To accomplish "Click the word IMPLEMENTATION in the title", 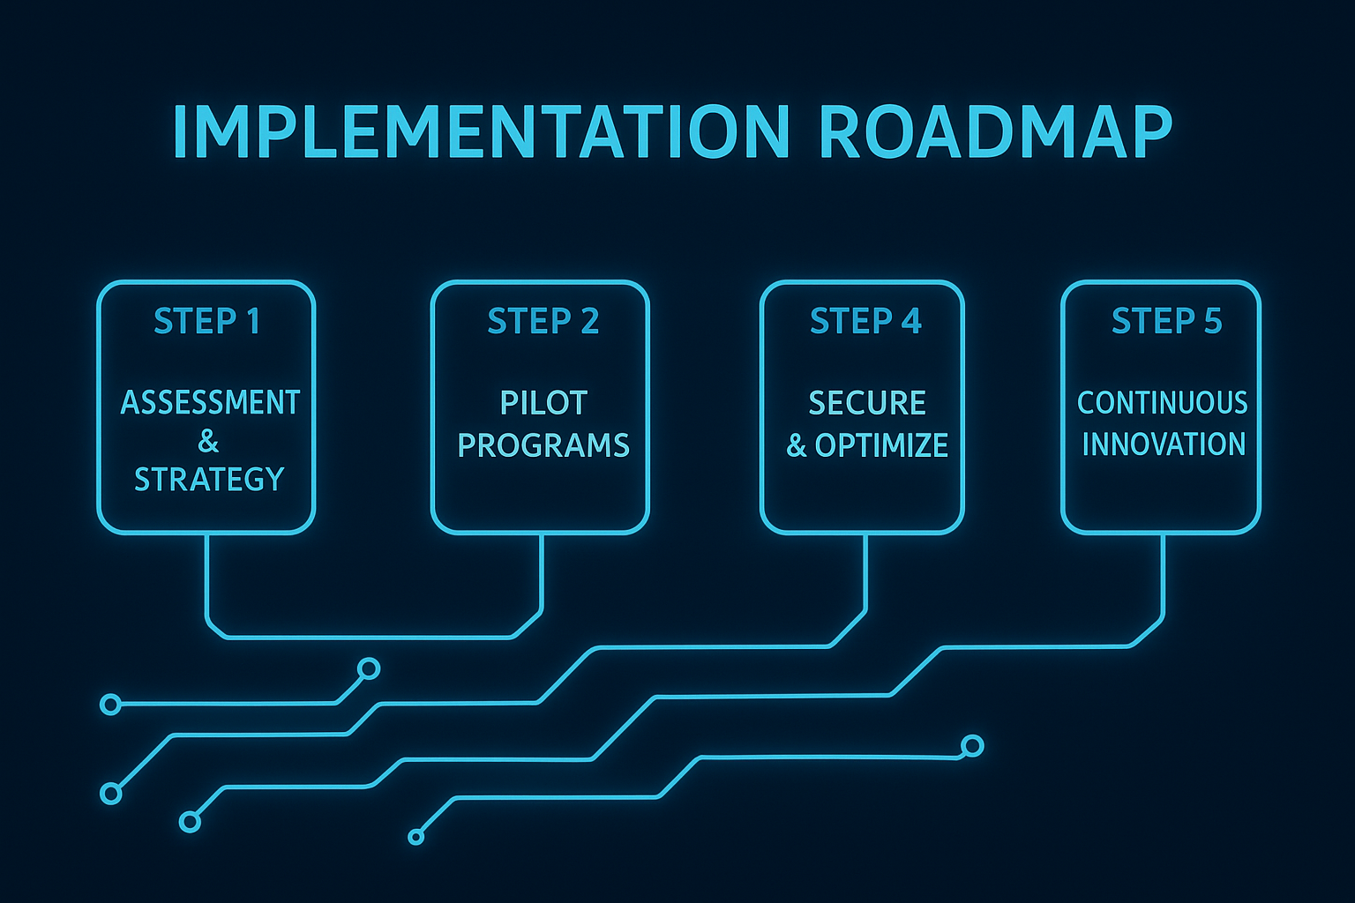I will pyautogui.click(x=481, y=132).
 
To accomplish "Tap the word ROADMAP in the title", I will pyautogui.click(x=995, y=132).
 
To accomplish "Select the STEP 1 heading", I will pyautogui.click(x=206, y=322).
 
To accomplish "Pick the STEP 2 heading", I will pyautogui.click(x=543, y=322).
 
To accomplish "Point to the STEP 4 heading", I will pyautogui.click(x=865, y=322).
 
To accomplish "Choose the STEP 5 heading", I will pyautogui.click(x=1166, y=322).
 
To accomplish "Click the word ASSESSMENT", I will pyautogui.click(x=210, y=403).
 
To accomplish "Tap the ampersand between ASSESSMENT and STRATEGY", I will pyautogui.click(x=208, y=441).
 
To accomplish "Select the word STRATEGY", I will pyautogui.click(x=209, y=480).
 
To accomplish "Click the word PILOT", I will pyautogui.click(x=543, y=403).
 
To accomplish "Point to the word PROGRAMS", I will pyautogui.click(x=543, y=445).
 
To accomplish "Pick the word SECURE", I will pyautogui.click(x=867, y=403).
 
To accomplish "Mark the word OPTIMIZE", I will pyautogui.click(x=881, y=445).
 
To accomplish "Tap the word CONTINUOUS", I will pyautogui.click(x=1163, y=403).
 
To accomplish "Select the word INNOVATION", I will pyautogui.click(x=1164, y=444).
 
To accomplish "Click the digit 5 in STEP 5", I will pyautogui.click(x=1213, y=322).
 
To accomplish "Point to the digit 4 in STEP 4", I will pyautogui.click(x=911, y=322).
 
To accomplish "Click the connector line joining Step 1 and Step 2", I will pyautogui.click(x=371, y=636).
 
